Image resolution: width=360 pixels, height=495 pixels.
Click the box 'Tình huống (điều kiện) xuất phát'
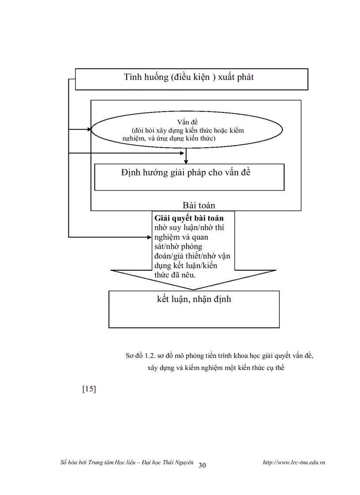pos(191,79)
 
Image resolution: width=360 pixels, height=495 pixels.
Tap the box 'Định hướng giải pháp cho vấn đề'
pos(189,177)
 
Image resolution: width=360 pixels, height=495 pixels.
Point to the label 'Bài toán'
pos(199,205)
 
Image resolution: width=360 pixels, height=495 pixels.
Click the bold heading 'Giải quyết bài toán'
pos(189,218)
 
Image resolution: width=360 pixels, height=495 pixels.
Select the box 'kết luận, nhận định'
pos(194,309)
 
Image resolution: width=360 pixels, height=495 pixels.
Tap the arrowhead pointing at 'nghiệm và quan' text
pos(149,237)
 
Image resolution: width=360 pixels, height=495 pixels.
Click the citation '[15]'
pos(89,389)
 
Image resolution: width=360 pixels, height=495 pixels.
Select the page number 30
pos(202,465)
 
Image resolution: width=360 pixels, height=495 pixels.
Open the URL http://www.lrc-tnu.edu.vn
pos(293,462)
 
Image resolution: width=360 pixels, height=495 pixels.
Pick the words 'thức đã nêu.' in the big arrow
pos(175,275)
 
